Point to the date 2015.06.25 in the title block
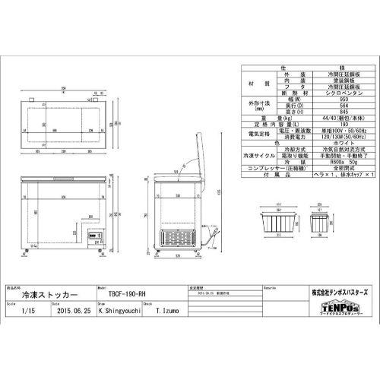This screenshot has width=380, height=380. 74,311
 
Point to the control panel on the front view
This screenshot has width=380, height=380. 96,236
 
